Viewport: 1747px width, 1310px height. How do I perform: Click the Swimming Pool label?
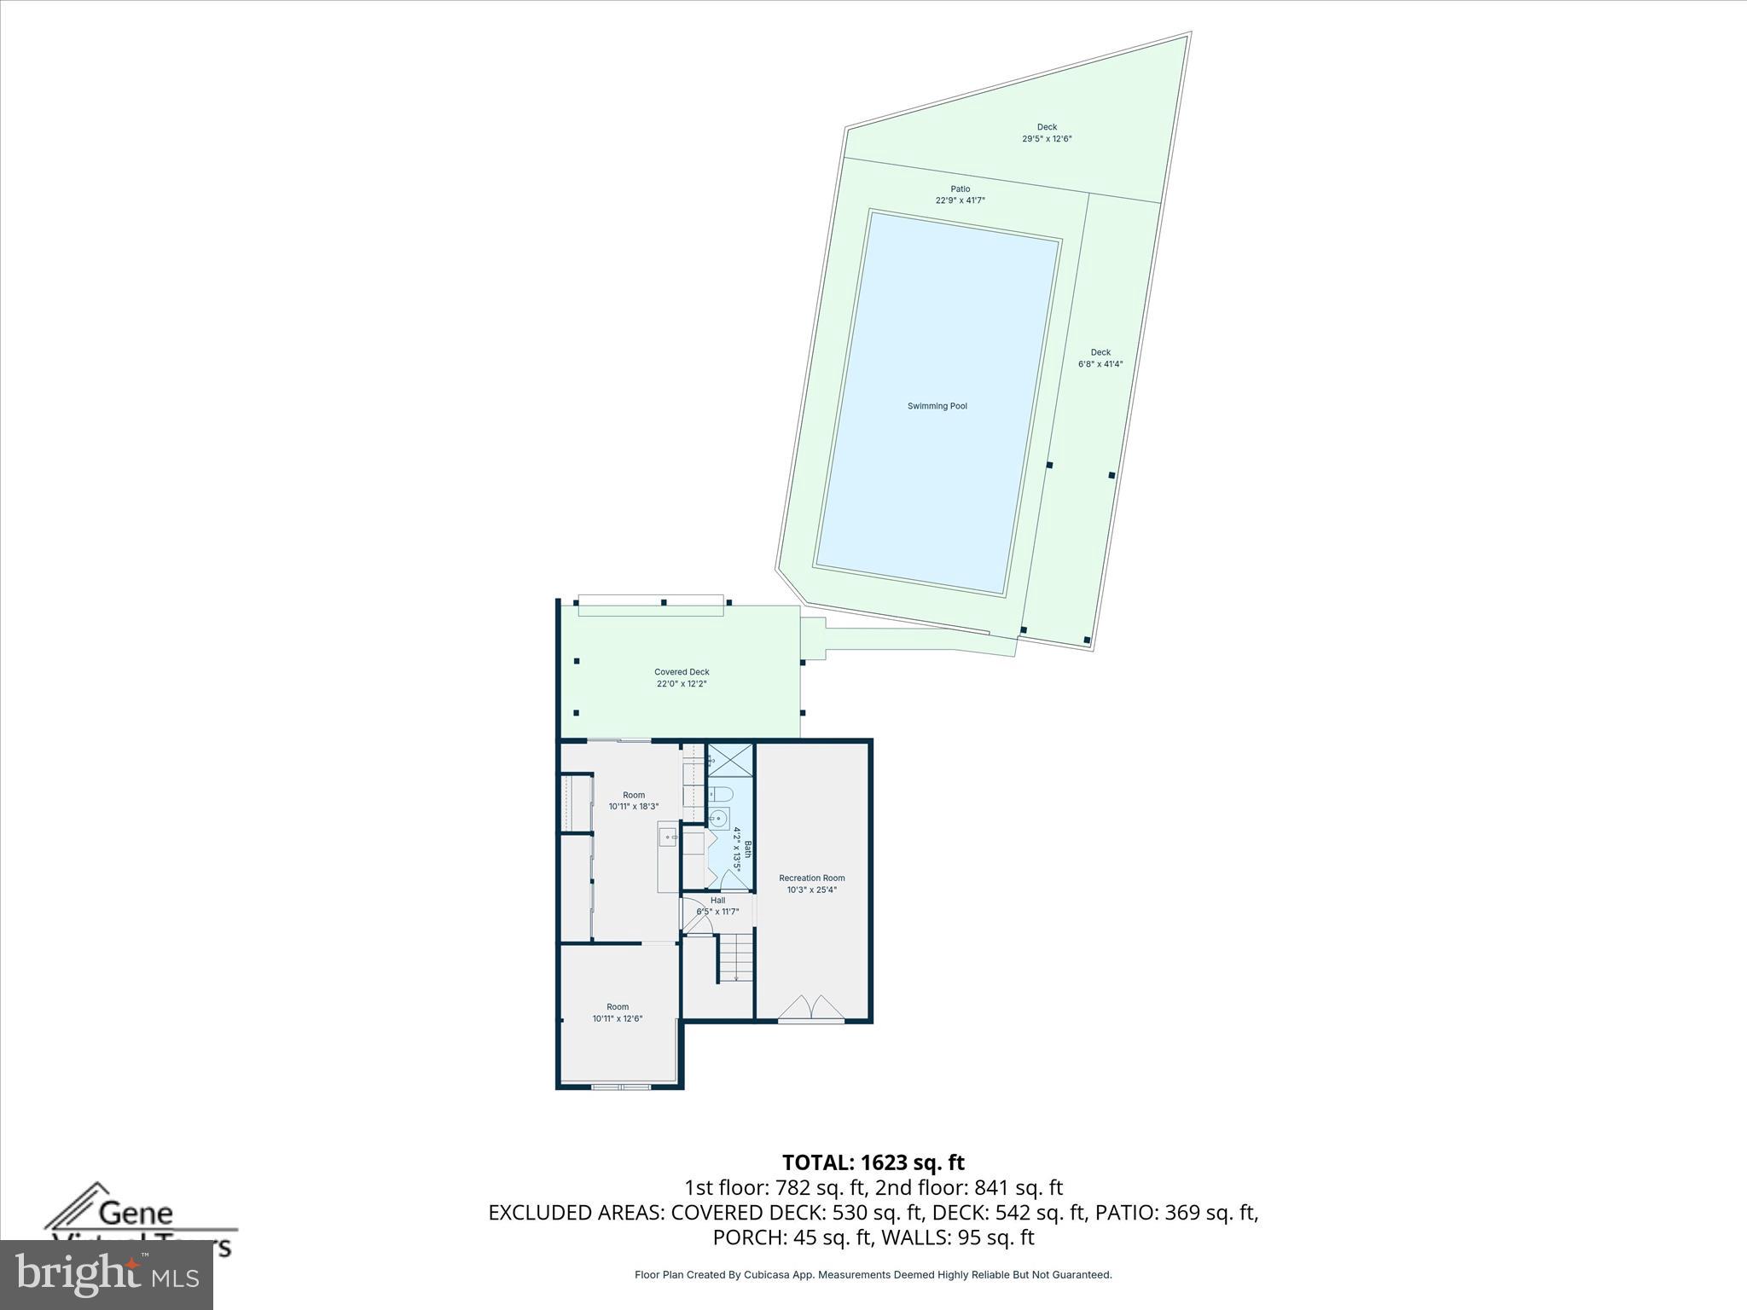click(x=937, y=406)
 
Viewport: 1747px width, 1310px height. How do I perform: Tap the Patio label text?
click(x=961, y=189)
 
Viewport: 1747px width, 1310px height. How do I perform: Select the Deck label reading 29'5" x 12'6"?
click(x=1047, y=138)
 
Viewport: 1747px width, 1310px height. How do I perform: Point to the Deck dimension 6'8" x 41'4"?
click(x=1100, y=364)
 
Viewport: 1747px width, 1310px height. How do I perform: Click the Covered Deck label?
click(x=682, y=672)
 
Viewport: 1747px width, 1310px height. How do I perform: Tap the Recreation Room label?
click(x=811, y=878)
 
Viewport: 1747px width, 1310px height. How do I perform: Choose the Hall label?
click(x=717, y=900)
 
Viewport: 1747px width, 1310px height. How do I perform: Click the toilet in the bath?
click(x=722, y=795)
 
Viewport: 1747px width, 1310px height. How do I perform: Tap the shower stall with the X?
click(x=731, y=760)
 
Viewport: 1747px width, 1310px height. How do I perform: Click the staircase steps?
click(x=735, y=957)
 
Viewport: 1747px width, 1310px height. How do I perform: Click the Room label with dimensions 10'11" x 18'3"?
click(x=634, y=801)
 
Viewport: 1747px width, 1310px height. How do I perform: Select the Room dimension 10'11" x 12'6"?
click(x=618, y=1018)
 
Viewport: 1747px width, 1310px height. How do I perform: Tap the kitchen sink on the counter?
click(x=668, y=837)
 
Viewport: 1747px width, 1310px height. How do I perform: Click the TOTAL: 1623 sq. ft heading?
click(x=873, y=1162)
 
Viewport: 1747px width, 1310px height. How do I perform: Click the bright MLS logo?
click(x=107, y=1275)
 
